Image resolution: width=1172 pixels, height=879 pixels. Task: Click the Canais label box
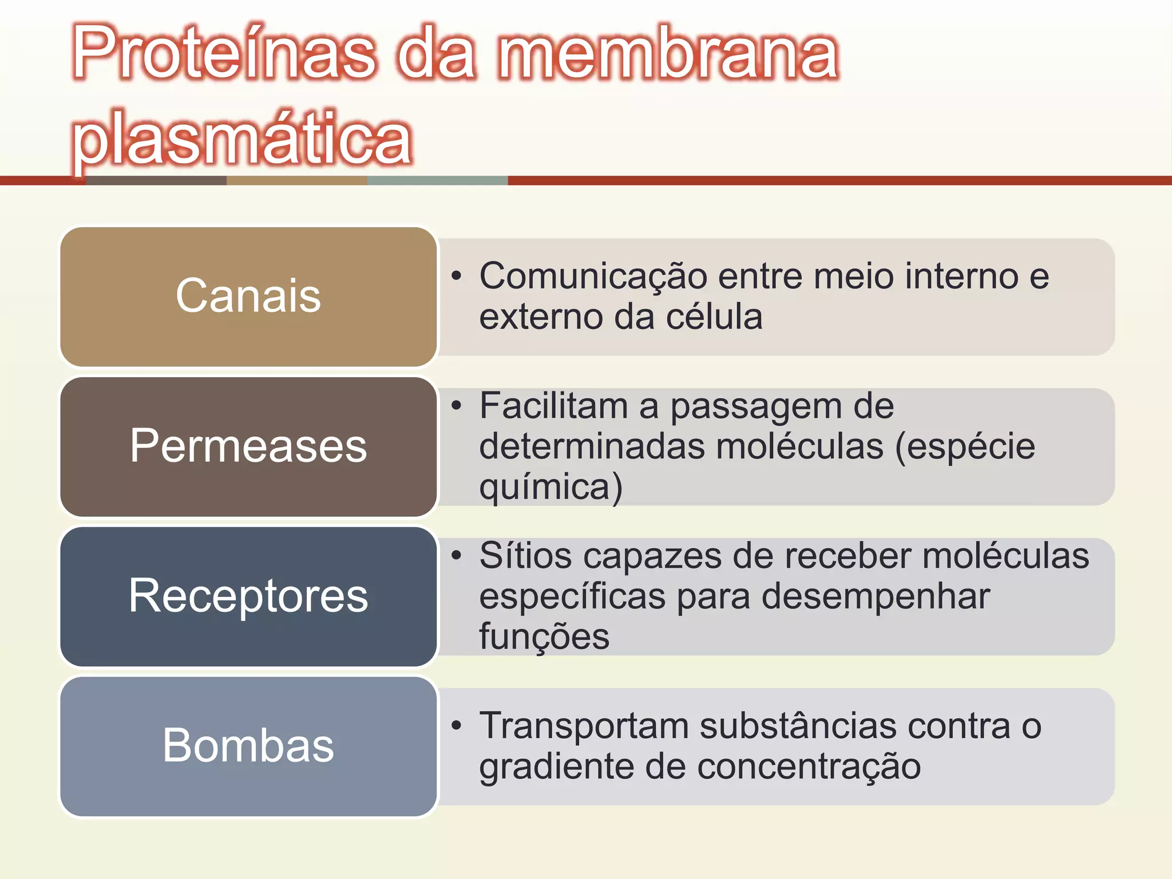pyautogui.click(x=248, y=296)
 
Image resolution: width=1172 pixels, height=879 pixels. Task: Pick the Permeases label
pyautogui.click(x=248, y=446)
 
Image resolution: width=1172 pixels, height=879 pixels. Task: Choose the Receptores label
pyautogui.click(x=248, y=596)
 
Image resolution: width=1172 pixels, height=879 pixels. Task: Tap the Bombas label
pyautogui.click(x=248, y=746)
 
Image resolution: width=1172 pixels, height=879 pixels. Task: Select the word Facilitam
pyautogui.click(x=554, y=406)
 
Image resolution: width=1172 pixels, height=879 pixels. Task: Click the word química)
pyautogui.click(x=551, y=488)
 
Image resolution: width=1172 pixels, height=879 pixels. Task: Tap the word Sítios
pyautogui.click(x=525, y=556)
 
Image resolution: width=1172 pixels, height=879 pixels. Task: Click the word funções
pyautogui.click(x=544, y=637)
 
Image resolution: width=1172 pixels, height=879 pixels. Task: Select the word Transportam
pyautogui.click(x=584, y=726)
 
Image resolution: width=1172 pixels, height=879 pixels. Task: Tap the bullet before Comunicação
pyautogui.click(x=456, y=276)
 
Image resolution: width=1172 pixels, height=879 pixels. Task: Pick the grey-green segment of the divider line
pyautogui.click(x=437, y=181)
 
